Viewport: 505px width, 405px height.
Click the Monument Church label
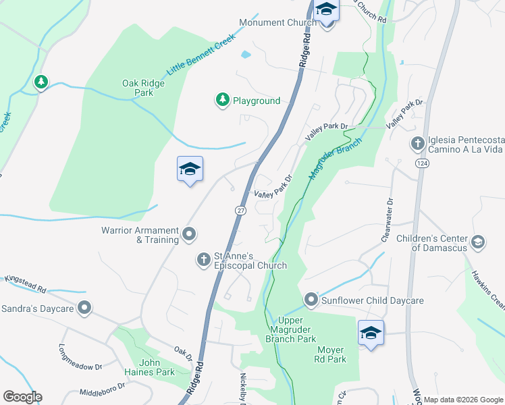[x=277, y=22]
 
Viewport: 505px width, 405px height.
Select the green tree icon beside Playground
[x=222, y=101]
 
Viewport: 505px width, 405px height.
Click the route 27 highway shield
[x=240, y=211]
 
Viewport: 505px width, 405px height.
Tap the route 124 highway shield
[x=422, y=164]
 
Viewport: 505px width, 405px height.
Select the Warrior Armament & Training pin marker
[x=190, y=235]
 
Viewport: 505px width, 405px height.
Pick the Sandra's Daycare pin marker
[x=84, y=308]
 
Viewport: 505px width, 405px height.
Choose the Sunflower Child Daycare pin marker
[x=311, y=298]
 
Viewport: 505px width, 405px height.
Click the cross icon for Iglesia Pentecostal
[x=417, y=144]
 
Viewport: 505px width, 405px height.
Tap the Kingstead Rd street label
[x=25, y=283]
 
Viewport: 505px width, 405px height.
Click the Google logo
[x=22, y=397]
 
